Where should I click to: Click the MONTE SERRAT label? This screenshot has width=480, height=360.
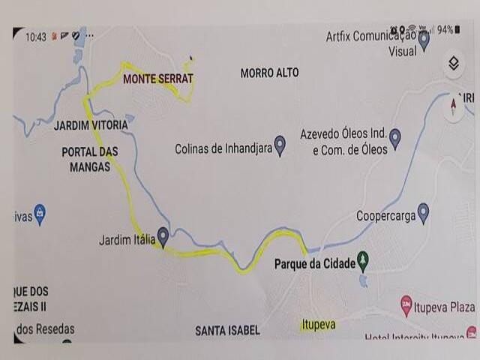click(157, 79)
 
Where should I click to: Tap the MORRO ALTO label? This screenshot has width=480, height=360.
click(269, 73)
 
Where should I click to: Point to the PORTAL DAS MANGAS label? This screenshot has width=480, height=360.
click(90, 159)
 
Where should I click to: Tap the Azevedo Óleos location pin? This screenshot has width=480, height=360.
click(394, 138)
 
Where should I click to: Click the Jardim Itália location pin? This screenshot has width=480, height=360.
click(163, 238)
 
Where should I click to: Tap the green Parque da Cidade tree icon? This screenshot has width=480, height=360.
click(364, 261)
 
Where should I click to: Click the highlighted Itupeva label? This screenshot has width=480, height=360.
click(318, 325)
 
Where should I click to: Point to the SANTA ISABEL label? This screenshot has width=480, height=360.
click(227, 331)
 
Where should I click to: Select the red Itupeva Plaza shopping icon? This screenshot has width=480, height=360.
click(406, 305)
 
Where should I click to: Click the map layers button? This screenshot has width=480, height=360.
click(453, 63)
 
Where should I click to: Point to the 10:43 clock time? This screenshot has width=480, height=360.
click(36, 37)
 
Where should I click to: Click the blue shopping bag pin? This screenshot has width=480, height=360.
click(40, 215)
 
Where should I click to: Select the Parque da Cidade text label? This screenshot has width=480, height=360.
click(314, 264)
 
